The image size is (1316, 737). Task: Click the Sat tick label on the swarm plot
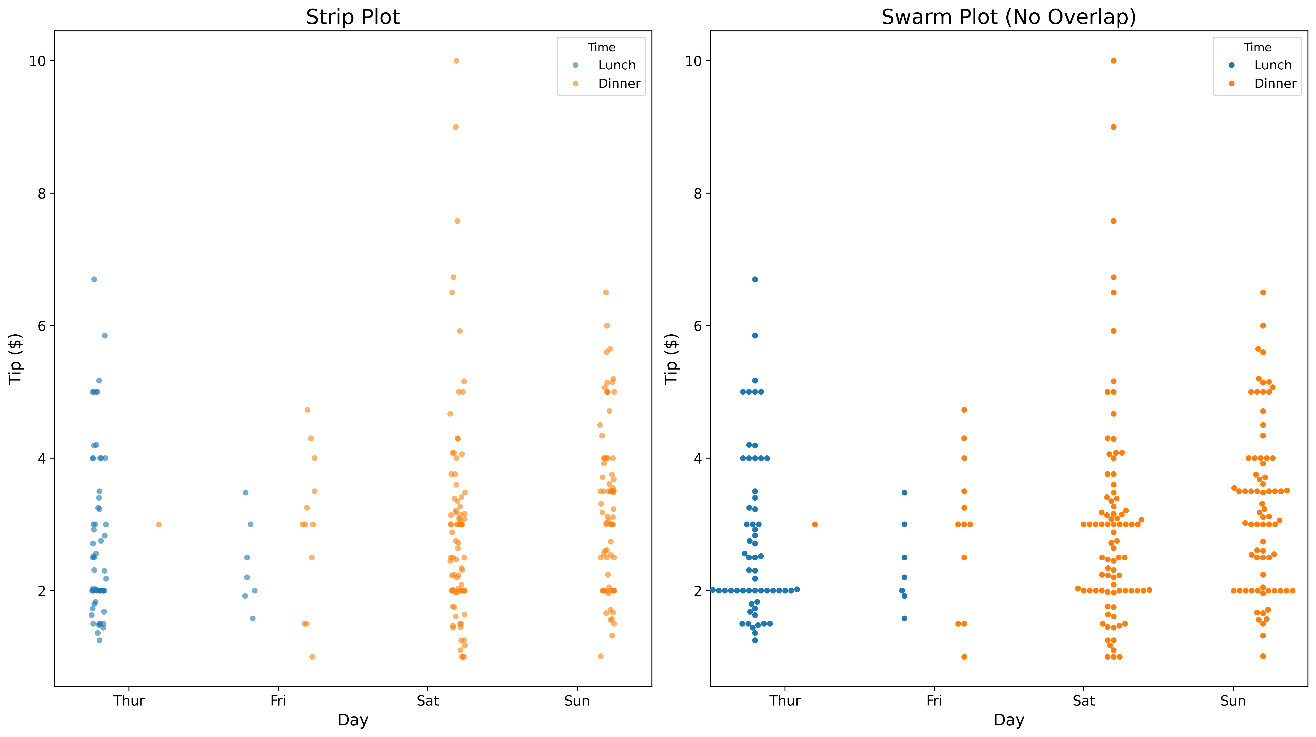(x=1083, y=701)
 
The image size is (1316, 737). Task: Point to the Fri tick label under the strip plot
(x=278, y=701)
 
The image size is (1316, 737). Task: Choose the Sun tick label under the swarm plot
(x=1233, y=701)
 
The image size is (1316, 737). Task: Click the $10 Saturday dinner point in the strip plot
(x=456, y=61)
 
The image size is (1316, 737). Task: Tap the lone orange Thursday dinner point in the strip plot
(x=159, y=524)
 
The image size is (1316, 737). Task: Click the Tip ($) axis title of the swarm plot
(x=671, y=359)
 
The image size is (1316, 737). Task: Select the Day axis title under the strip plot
(x=352, y=720)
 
